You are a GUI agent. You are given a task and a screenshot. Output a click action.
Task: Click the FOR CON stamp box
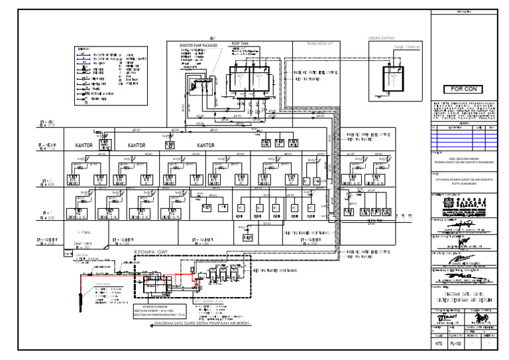[463, 89]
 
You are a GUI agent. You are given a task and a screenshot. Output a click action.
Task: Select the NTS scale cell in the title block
[438, 345]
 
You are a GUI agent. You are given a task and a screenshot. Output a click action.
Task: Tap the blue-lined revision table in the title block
[463, 137]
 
